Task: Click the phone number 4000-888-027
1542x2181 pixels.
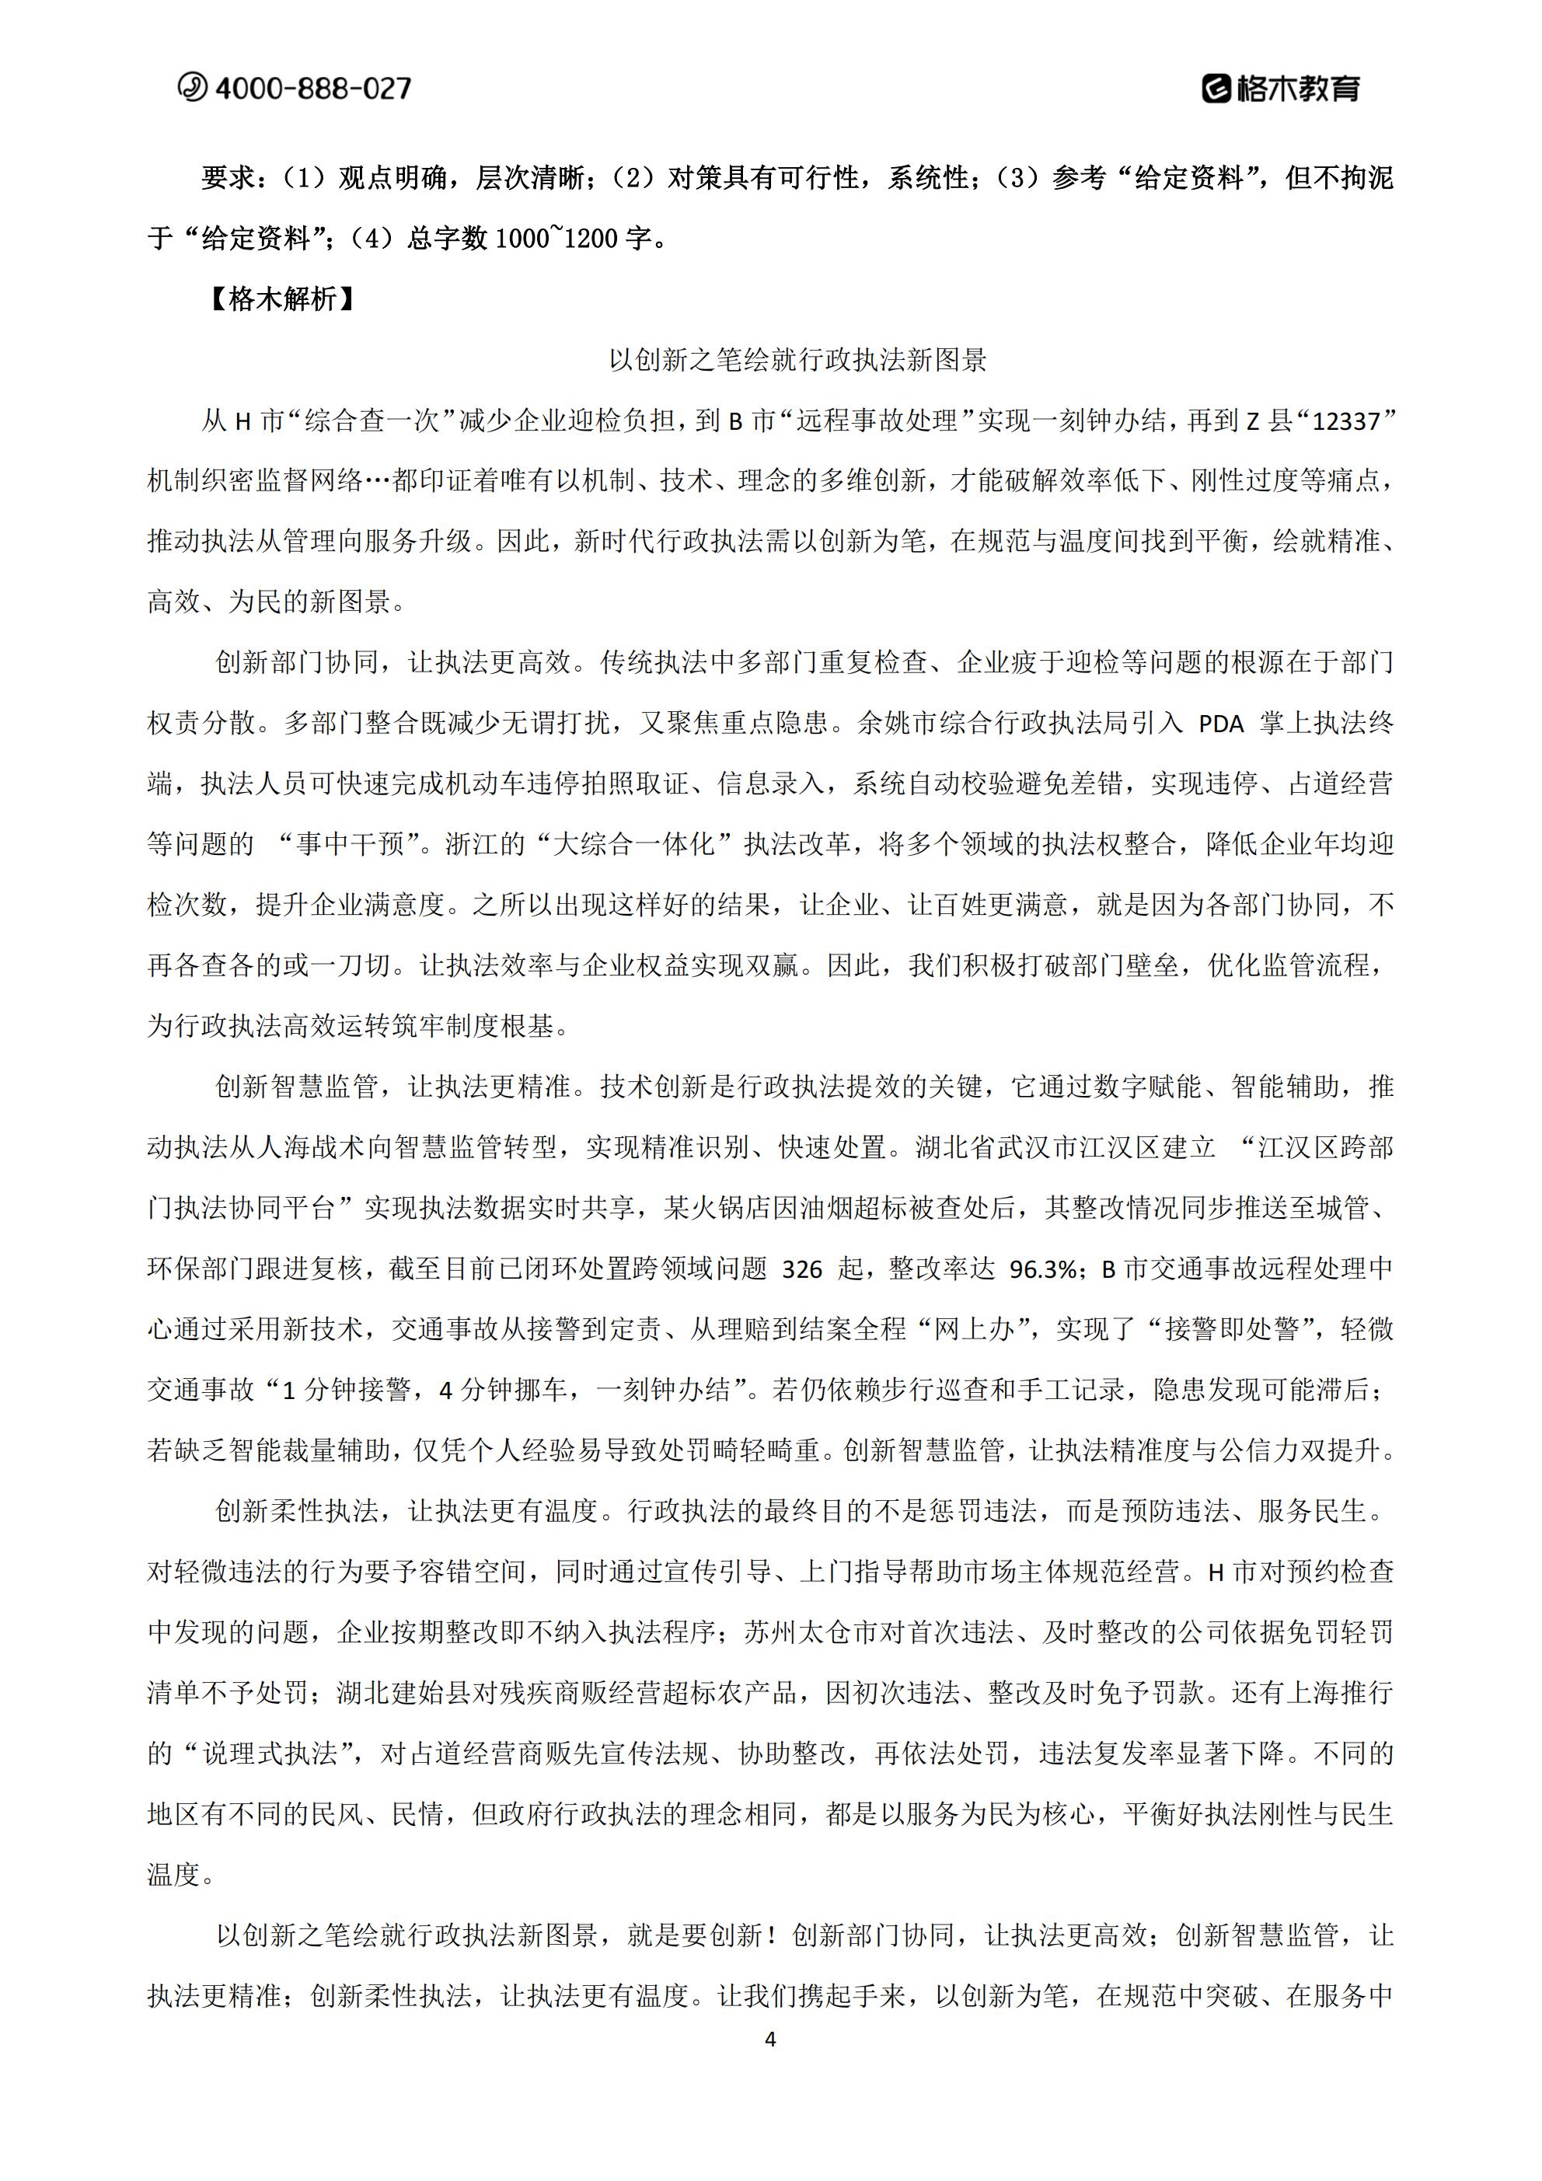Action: click(313, 89)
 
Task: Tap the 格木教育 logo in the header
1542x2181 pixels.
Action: click(1281, 89)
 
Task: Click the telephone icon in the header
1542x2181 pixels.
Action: click(192, 87)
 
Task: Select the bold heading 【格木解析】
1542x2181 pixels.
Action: click(282, 299)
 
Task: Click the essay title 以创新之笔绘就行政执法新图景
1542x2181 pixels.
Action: click(798, 360)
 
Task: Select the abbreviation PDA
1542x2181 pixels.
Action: click(1221, 724)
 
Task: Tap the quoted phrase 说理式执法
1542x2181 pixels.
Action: click(270, 1754)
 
